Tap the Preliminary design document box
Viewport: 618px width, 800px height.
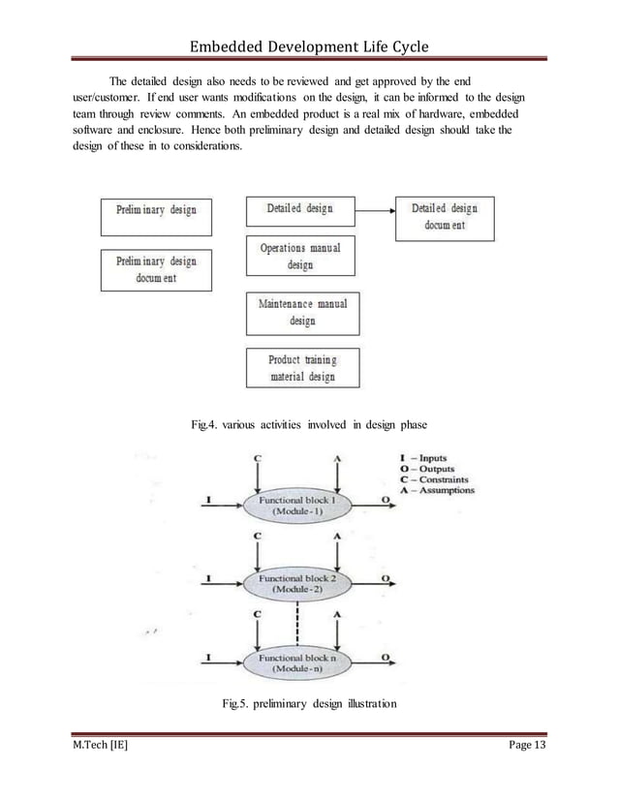[157, 270]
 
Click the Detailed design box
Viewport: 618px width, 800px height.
[299, 209]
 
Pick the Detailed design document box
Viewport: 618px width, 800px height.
[445, 218]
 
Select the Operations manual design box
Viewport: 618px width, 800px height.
[300, 257]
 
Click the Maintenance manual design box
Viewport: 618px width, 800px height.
[302, 312]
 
